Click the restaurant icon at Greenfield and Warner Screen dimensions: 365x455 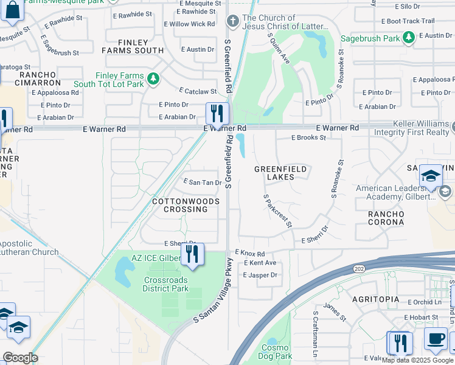(x=217, y=113)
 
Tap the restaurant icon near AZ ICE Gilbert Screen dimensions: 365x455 (x=192, y=254)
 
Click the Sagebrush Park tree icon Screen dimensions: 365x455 (x=409, y=38)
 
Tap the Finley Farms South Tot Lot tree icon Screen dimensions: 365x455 (x=154, y=78)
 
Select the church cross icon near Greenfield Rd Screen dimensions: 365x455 (x=232, y=22)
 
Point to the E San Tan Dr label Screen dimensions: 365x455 (x=202, y=182)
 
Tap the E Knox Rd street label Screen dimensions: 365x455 (x=250, y=253)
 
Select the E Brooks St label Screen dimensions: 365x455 (x=308, y=137)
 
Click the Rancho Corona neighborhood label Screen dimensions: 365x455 (x=386, y=218)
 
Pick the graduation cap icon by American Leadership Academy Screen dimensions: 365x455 (x=430, y=176)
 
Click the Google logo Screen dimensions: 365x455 (x=20, y=358)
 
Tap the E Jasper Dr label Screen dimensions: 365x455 (x=260, y=275)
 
